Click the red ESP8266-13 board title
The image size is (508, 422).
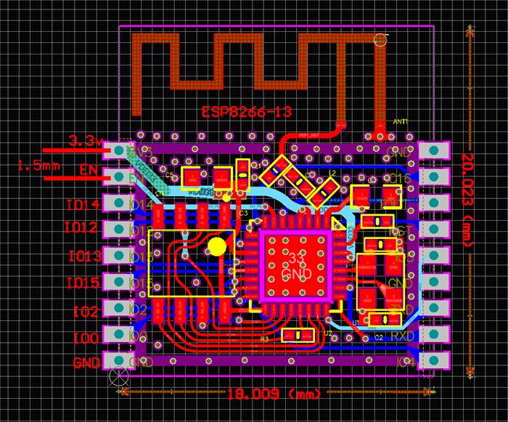246,112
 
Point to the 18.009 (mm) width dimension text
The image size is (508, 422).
274,394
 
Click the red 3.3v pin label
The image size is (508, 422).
85,141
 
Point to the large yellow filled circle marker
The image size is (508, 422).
217,246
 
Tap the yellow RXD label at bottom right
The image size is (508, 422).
402,336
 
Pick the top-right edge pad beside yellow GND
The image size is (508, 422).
434,150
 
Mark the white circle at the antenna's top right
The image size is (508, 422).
380,40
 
